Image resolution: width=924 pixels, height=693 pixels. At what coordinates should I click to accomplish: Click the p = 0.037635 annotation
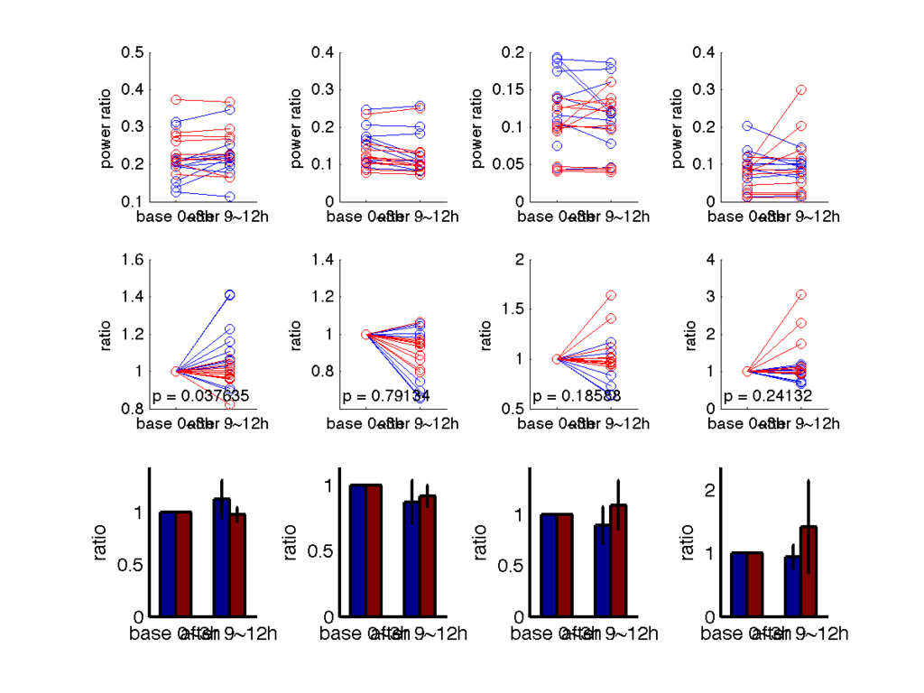[x=199, y=396]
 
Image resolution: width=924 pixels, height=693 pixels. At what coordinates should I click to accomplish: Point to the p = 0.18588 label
[x=577, y=396]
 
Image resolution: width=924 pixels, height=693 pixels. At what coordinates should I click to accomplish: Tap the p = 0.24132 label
[x=768, y=396]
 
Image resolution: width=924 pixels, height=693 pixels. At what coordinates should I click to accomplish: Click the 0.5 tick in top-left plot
[x=133, y=52]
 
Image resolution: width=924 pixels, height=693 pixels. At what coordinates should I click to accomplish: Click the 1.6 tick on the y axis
[x=133, y=260]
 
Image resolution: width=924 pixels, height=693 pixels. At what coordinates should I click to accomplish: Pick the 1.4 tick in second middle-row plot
[x=323, y=260]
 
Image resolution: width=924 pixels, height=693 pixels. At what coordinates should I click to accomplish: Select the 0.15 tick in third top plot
[x=508, y=90]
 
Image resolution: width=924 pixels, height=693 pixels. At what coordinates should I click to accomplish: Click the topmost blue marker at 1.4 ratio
[x=230, y=295]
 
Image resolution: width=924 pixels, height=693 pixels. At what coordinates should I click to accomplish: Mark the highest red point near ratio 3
[x=801, y=295]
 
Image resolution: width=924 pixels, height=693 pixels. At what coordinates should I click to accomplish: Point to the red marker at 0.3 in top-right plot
[x=801, y=90]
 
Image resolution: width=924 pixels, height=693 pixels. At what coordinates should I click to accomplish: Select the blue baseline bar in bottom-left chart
[x=167, y=564]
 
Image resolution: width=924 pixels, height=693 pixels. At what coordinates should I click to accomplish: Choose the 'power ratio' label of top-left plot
[x=108, y=127]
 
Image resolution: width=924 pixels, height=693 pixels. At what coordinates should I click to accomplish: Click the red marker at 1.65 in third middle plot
[x=611, y=295]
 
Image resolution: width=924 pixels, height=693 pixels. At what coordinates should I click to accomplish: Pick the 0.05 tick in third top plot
[x=508, y=165]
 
